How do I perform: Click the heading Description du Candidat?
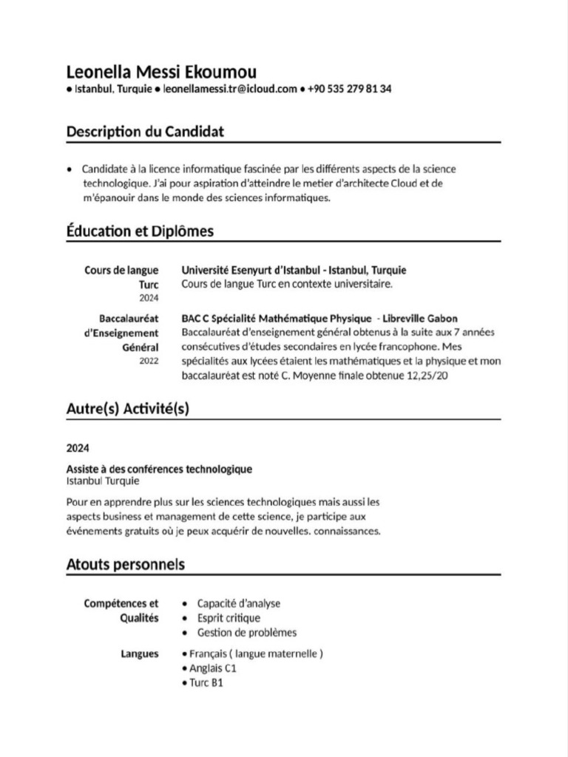coord(145,132)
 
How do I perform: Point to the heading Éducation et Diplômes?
coord(140,231)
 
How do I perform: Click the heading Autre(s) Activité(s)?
coord(127,408)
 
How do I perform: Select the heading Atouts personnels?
coord(125,565)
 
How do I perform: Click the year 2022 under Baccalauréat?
coord(149,361)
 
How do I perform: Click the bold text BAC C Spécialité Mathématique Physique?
coord(277,319)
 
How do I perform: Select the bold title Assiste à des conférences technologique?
coord(159,469)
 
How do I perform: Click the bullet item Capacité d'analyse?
coord(238,603)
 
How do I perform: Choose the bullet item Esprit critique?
coord(229,618)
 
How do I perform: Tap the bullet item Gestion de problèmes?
coord(246,633)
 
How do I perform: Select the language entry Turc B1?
coord(206,682)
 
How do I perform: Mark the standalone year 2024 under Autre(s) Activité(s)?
coord(77,447)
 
